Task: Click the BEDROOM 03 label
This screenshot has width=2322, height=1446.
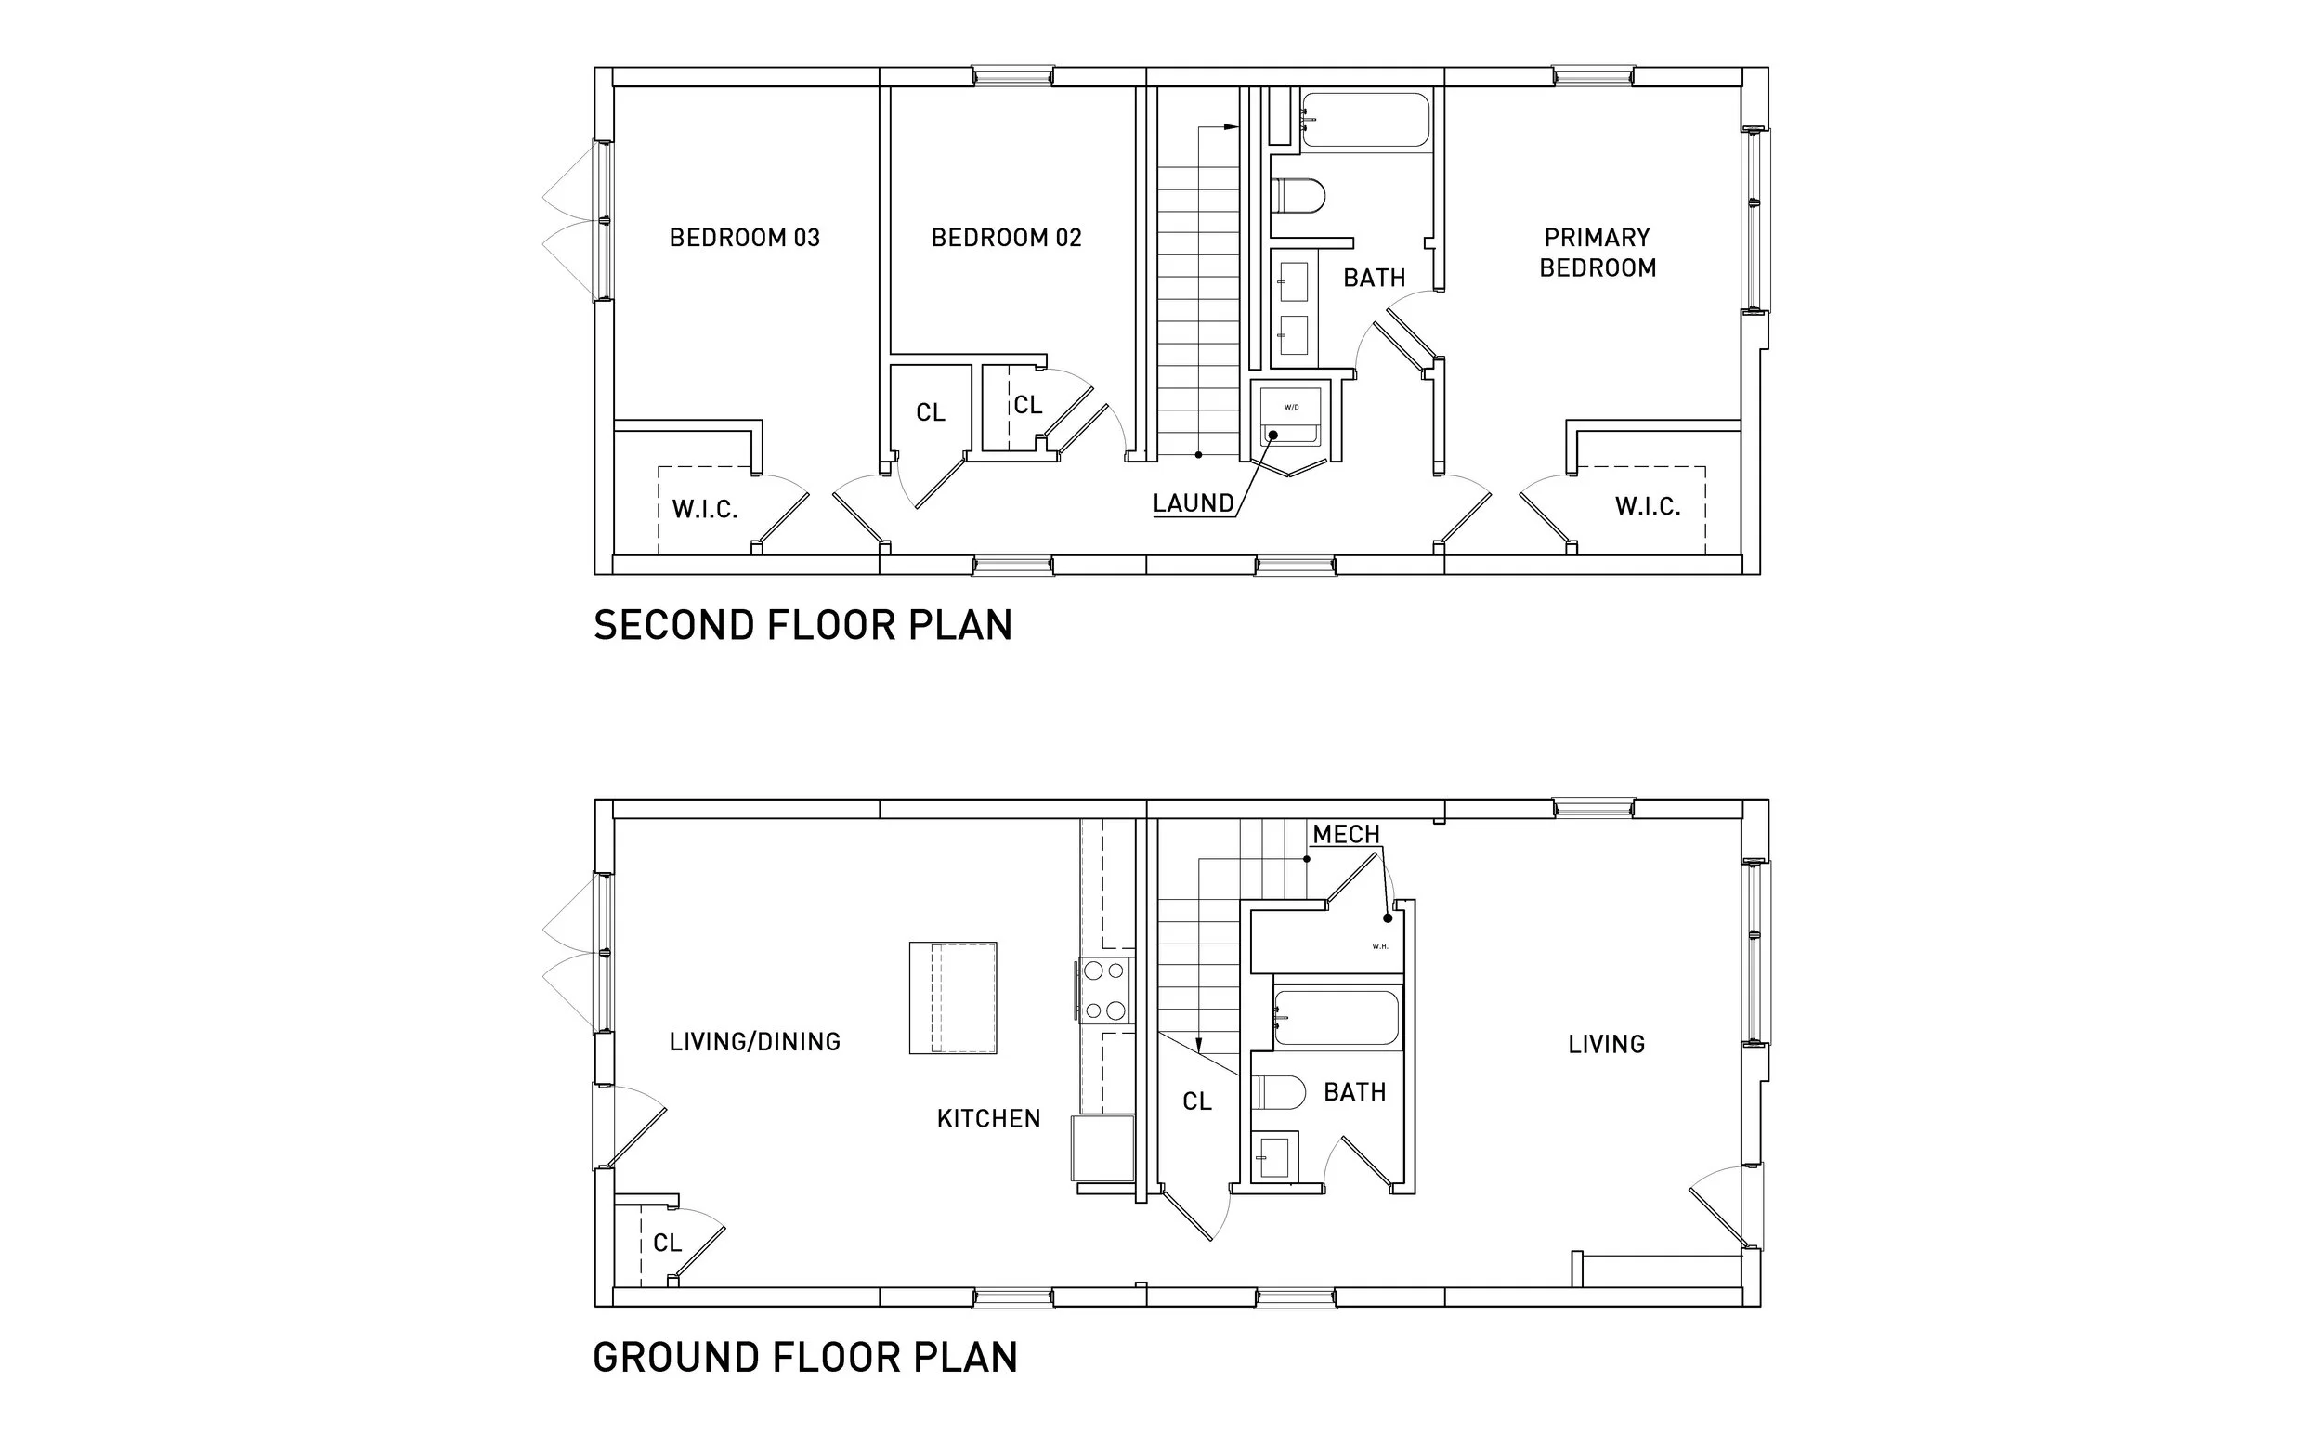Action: tap(744, 237)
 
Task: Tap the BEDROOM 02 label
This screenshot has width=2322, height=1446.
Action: tap(1006, 237)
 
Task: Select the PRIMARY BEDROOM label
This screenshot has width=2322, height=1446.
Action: tap(1598, 253)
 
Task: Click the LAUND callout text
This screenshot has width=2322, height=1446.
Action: tap(1193, 503)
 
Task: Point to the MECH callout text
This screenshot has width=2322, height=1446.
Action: tap(1346, 835)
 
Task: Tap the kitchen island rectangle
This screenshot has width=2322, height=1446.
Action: tap(953, 998)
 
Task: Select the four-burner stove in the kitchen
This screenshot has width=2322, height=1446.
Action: tap(1104, 990)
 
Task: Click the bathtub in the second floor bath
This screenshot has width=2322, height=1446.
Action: tap(1365, 120)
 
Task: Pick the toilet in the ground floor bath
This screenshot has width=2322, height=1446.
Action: tap(1279, 1092)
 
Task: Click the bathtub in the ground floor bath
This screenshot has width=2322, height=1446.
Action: tap(1336, 1018)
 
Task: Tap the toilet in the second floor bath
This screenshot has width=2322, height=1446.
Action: tap(1298, 196)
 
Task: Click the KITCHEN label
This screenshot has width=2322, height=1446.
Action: tap(988, 1119)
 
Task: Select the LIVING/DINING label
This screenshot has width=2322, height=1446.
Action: tap(754, 1041)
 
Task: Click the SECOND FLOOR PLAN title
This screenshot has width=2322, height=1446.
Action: tap(802, 625)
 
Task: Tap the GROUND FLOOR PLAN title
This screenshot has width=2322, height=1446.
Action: tap(805, 1358)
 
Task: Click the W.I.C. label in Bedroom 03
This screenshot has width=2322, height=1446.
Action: tap(705, 510)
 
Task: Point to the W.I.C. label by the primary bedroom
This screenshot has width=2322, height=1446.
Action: tap(1647, 507)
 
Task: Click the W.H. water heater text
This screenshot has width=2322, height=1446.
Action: tap(1380, 946)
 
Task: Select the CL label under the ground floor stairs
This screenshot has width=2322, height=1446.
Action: tap(1196, 1101)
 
